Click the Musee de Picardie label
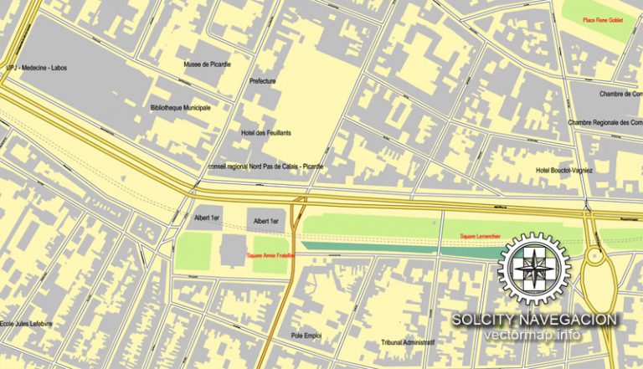[x=208, y=64]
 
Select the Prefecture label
[x=263, y=81]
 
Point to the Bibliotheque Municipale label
[x=180, y=107]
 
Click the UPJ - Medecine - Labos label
[x=34, y=68]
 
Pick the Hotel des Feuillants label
[x=265, y=132]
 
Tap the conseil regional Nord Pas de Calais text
[x=265, y=167]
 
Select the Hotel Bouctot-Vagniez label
[x=564, y=171]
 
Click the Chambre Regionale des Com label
[x=604, y=122]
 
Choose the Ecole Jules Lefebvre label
[x=26, y=324]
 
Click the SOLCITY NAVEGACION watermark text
[x=535, y=320]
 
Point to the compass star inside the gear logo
[x=534, y=269]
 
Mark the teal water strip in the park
[x=394, y=246]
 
